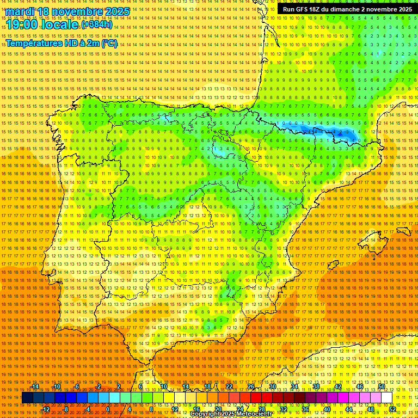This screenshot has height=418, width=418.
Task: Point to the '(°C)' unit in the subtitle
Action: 109,43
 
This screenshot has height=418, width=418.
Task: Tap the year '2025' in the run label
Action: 403,9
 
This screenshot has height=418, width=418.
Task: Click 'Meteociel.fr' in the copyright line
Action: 261,414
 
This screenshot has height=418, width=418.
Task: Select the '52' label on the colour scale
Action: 392,409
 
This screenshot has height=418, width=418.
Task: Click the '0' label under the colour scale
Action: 108,409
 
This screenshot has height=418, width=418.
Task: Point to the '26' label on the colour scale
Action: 251,386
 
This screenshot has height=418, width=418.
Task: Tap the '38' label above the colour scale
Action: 316,386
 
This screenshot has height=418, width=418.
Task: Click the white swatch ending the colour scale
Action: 387,398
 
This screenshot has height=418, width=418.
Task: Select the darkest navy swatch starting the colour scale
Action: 27,398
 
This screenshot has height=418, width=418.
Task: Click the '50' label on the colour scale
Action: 382,386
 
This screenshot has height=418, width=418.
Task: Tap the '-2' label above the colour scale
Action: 99,386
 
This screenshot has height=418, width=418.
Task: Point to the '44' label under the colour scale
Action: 349,409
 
